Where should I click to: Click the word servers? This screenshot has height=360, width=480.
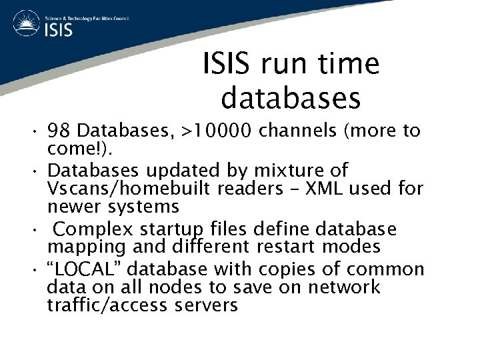pos(207,305)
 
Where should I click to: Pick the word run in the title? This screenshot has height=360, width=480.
pos(277,65)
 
